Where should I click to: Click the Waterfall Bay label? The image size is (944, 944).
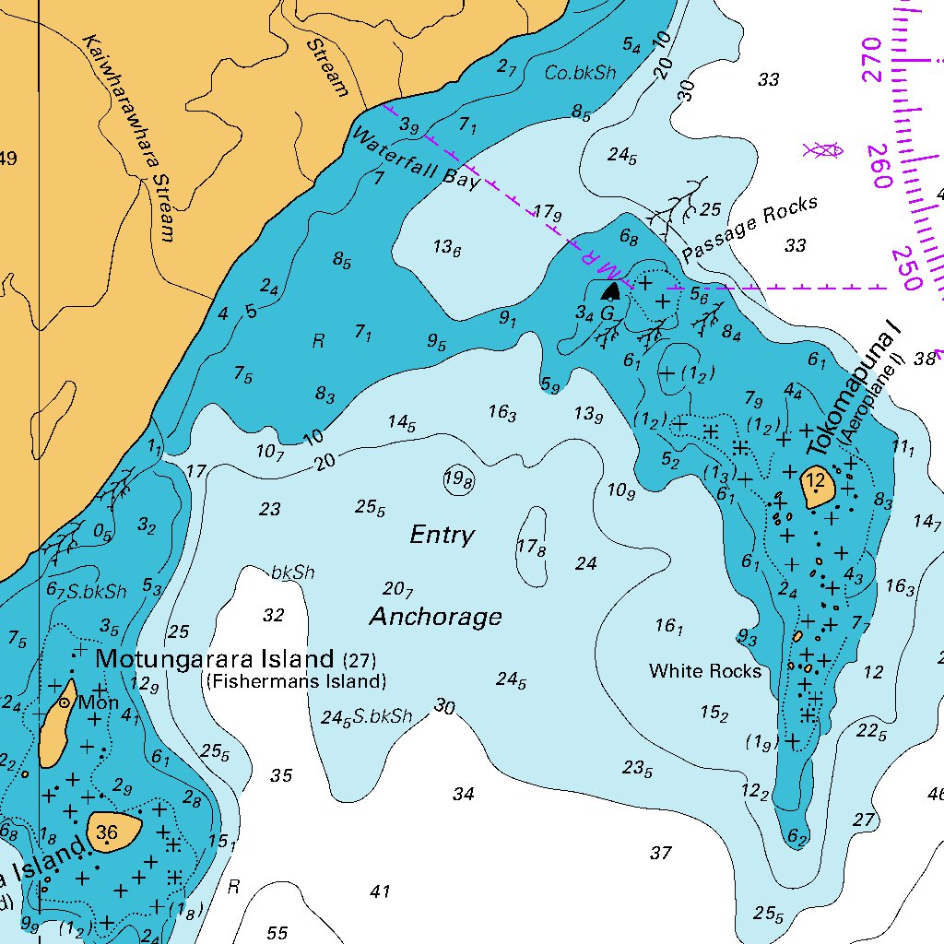click(416, 158)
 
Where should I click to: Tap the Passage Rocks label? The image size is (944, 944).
click(749, 230)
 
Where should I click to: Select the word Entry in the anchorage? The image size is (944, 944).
click(442, 536)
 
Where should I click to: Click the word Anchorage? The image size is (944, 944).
click(436, 617)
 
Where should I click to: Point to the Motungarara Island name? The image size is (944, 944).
click(215, 659)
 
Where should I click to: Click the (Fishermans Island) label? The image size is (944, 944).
click(295, 682)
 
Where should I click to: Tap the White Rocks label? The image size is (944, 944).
click(705, 671)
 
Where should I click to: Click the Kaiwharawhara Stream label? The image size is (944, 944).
click(128, 138)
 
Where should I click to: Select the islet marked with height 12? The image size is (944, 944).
click(816, 485)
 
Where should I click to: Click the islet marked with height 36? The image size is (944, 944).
click(112, 832)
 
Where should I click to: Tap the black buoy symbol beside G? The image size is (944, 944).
click(610, 291)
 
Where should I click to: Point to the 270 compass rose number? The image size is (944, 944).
click(871, 61)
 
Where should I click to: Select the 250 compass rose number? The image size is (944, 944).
click(907, 268)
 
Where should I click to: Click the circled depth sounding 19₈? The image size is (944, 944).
click(458, 479)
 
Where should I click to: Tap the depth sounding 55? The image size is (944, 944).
click(277, 933)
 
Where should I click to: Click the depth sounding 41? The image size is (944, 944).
click(380, 891)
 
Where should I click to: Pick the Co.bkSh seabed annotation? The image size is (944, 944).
click(580, 73)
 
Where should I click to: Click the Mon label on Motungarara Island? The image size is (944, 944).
click(98, 702)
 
